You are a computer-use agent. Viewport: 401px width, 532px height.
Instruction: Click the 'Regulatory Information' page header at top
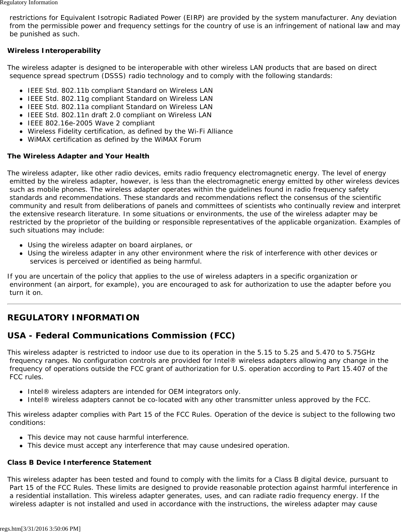[29, 3]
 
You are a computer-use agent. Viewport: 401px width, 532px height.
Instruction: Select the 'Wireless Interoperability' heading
[54, 51]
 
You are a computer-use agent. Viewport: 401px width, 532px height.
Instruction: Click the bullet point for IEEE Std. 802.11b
[21, 91]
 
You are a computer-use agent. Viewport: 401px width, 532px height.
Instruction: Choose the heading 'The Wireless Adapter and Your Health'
[78, 156]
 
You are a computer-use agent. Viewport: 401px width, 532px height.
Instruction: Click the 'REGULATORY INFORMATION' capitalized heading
[73, 317]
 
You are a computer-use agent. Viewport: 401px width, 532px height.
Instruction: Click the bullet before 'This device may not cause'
[21, 438]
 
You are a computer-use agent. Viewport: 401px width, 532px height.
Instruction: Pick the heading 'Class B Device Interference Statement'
[79, 462]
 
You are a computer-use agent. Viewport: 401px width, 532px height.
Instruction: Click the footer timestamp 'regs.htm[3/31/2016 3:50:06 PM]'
[40, 528]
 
